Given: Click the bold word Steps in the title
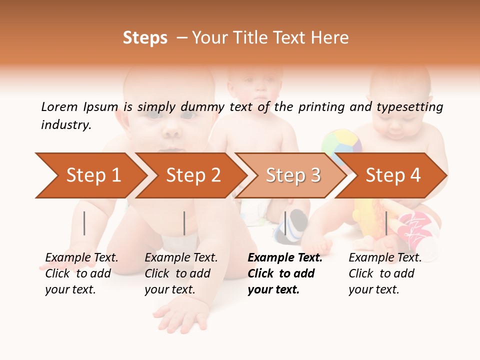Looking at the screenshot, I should pos(145,38).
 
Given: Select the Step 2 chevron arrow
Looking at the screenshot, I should pos(192,175).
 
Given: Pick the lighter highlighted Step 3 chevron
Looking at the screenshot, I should pos(292,175).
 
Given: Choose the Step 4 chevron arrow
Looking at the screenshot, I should pos(392,175).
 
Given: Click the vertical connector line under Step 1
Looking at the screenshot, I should pos(84,223).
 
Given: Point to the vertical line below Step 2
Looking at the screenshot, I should pos(184,223).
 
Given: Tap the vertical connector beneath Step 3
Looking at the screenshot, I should pos(285,223).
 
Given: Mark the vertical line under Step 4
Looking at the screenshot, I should pos(386,223).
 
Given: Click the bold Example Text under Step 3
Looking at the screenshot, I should pos(285,258).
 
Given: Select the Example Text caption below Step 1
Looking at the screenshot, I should pos(81,258).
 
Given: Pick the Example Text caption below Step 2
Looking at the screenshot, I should pos(181,258).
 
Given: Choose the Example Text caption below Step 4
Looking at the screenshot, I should pos(385,258).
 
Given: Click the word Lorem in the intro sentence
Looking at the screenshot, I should pos(59,107).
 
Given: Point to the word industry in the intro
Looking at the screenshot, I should pos(66,125).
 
